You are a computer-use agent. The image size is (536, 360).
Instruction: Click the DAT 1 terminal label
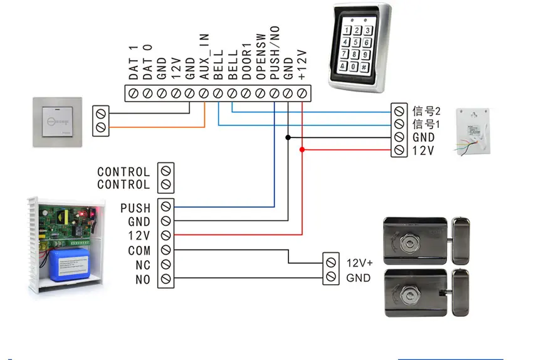(134, 62)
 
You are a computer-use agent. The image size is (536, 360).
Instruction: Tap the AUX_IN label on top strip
(204, 56)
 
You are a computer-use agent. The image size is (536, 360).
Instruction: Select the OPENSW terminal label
(261, 56)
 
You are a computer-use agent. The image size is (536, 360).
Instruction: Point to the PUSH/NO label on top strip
(275, 53)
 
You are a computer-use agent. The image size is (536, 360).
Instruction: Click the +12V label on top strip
(302, 65)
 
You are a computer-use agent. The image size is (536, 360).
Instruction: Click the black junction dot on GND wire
(288, 137)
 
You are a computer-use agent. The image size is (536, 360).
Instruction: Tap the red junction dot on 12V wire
(302, 150)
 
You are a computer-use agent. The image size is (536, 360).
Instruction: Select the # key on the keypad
(364, 67)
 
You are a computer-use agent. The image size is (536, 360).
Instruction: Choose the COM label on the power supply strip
(139, 251)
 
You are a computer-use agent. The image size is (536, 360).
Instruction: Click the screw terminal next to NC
(166, 264)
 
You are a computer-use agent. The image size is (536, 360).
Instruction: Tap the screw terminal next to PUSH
(166, 206)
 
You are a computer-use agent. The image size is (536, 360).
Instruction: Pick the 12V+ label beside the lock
(360, 263)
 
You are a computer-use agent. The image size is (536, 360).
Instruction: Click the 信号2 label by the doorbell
(426, 111)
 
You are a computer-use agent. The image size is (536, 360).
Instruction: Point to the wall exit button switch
(58, 122)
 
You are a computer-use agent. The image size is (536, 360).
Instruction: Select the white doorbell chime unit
(473, 132)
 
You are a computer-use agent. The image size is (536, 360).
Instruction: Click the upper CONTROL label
(123, 172)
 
